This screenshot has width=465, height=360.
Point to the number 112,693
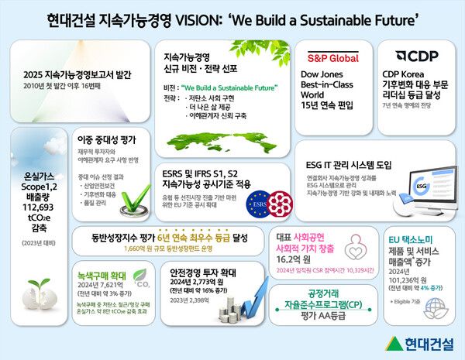(34, 207)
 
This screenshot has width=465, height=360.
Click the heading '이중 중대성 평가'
(107, 140)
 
